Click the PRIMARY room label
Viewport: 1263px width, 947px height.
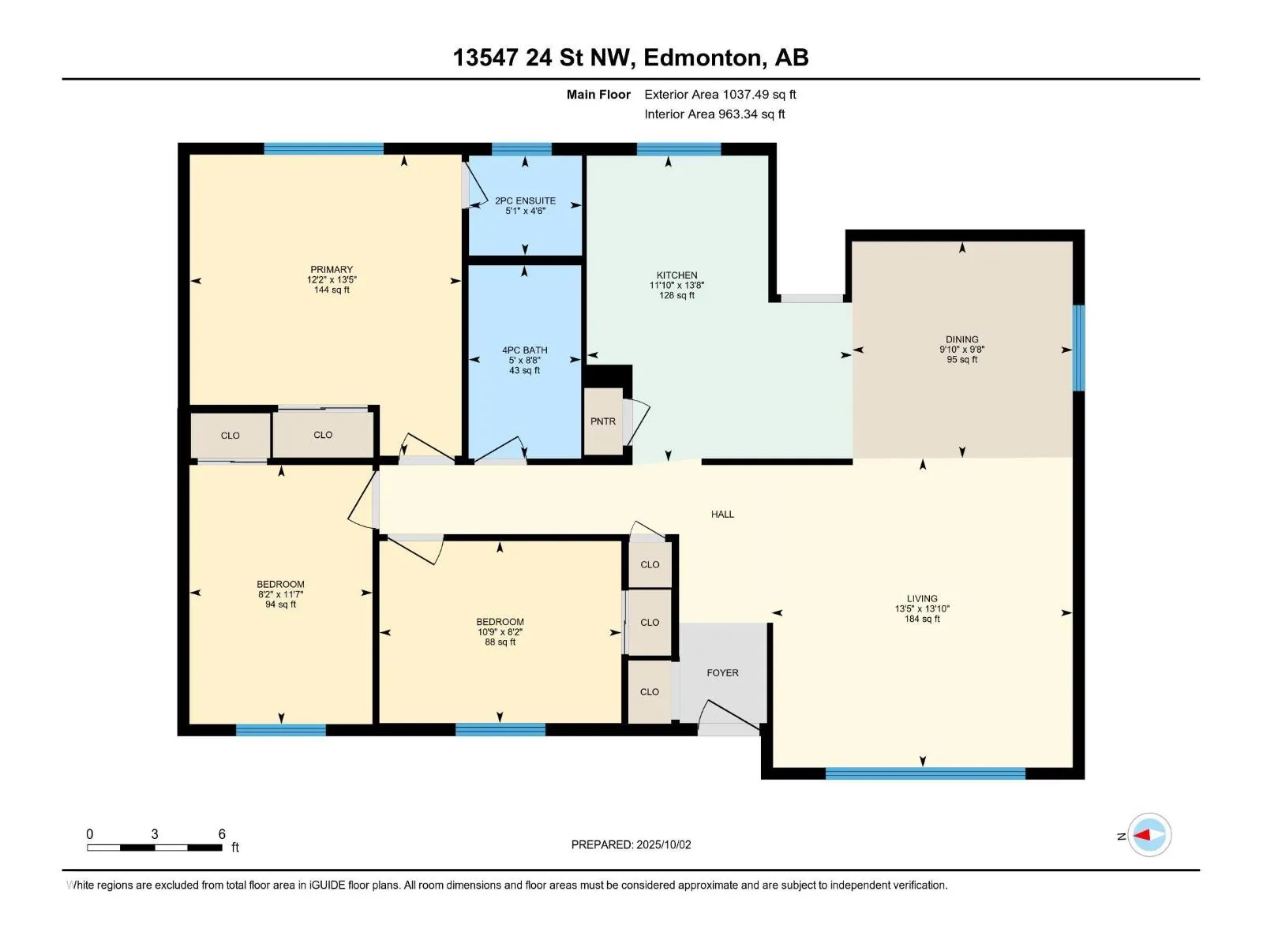(x=332, y=270)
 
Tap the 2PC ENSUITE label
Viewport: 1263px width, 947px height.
(x=526, y=200)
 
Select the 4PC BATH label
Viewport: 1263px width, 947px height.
(x=525, y=350)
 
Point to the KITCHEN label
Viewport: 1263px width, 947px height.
(x=676, y=275)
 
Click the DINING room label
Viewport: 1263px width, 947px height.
(x=962, y=339)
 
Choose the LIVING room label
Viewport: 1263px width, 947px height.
(x=922, y=598)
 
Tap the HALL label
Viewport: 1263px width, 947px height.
(x=723, y=515)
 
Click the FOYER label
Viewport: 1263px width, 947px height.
(x=723, y=672)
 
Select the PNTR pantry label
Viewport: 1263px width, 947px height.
(x=603, y=421)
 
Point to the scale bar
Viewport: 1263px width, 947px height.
(x=154, y=848)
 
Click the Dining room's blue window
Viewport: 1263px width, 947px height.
(x=1079, y=348)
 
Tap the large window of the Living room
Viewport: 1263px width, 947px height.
(x=925, y=773)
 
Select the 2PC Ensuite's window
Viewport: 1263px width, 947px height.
(x=521, y=149)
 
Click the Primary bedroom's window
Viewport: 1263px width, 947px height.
(x=324, y=148)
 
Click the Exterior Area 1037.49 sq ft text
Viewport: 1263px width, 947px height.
(x=720, y=94)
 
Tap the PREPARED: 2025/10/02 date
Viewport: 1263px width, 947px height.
(x=631, y=844)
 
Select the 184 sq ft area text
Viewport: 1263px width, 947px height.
(x=922, y=619)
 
